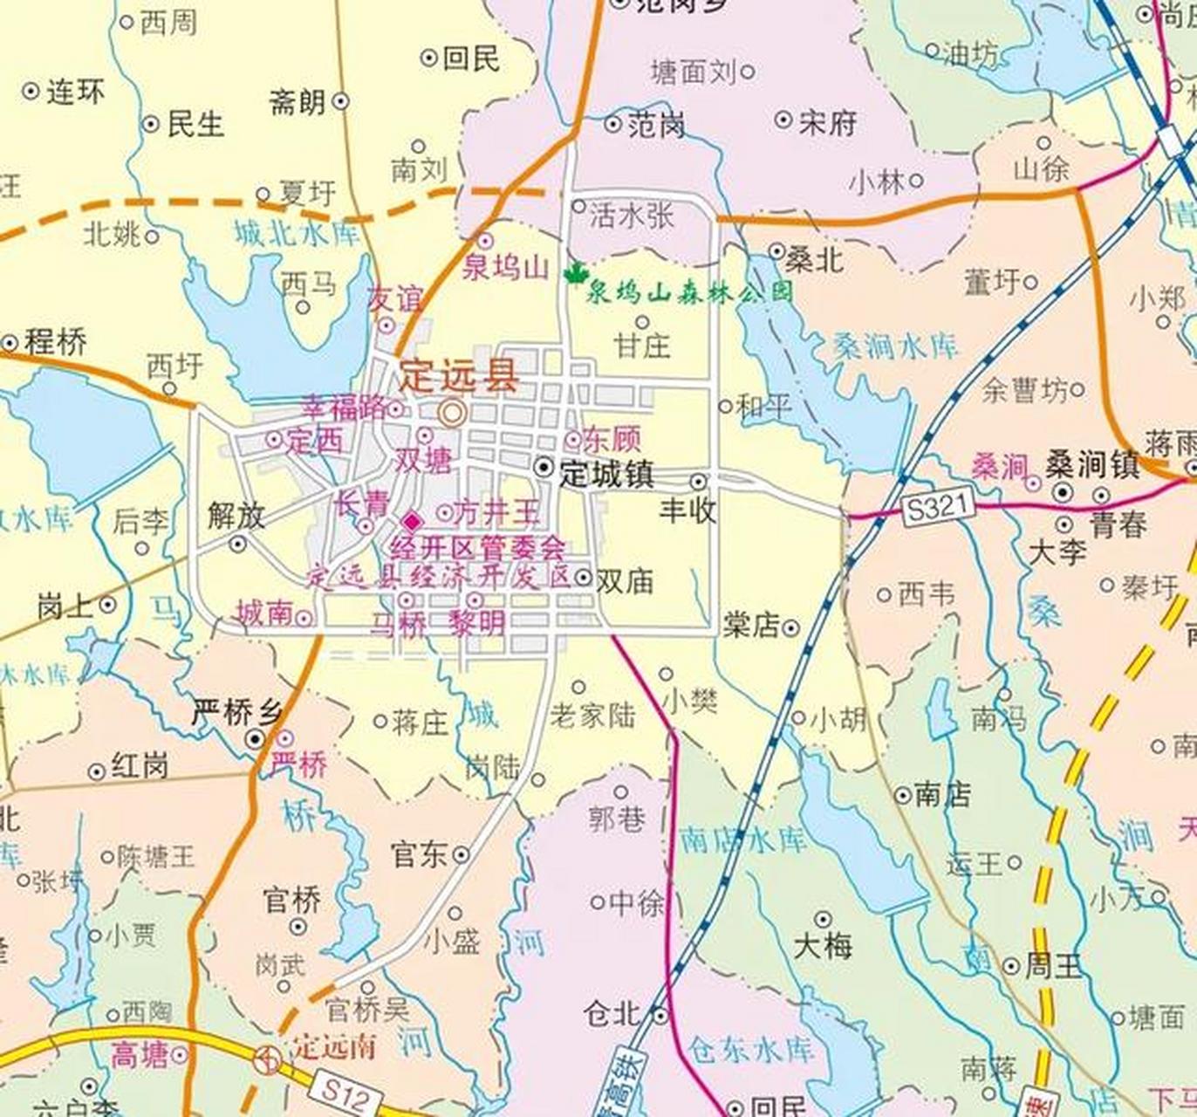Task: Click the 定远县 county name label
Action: [x=459, y=378]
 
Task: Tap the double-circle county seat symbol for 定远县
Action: [x=451, y=412]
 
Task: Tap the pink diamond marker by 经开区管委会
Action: [x=411, y=522]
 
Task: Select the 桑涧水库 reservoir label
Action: [x=895, y=346]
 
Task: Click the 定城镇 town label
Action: [x=605, y=474]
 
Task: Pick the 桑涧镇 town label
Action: [x=1093, y=465]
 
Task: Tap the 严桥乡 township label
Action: [x=236, y=713]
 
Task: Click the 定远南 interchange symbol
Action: [x=268, y=1060]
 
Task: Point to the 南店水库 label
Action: [x=743, y=839]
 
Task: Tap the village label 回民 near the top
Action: [x=471, y=58]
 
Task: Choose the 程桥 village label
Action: [x=55, y=342]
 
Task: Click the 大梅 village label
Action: [x=823, y=946]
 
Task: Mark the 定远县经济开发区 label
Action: [x=439, y=576]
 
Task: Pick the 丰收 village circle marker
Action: [x=698, y=482]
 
